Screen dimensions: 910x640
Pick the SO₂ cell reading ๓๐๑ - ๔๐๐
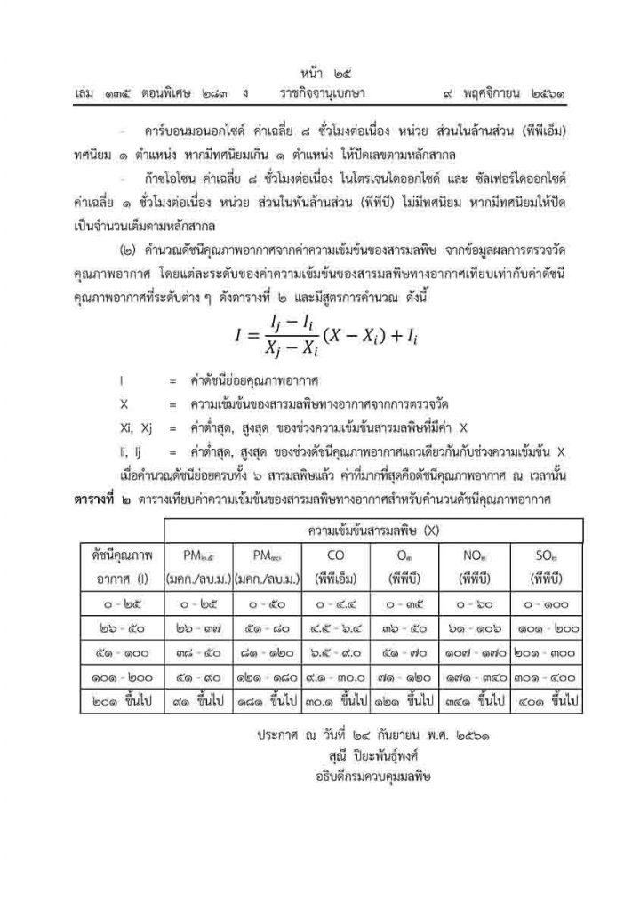(x=546, y=676)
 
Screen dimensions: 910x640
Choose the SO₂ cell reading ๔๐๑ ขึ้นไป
(x=546, y=700)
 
